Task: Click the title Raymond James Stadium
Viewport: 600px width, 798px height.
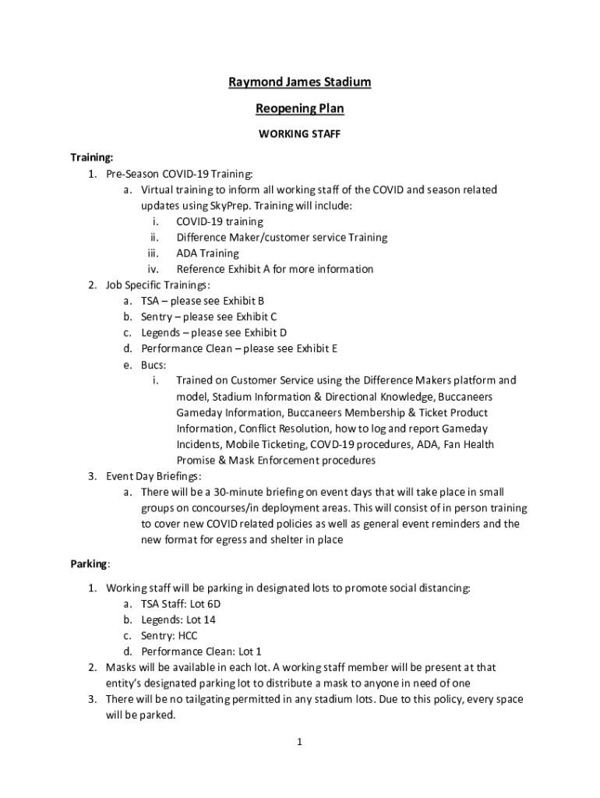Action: pos(300,82)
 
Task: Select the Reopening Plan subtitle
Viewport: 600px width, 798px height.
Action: pos(300,108)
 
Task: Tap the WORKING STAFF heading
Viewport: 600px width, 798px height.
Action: pos(300,134)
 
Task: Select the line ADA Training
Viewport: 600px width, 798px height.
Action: pos(207,253)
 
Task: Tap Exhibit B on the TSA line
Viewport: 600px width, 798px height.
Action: pos(244,301)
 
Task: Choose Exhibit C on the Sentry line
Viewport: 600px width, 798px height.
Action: pos(256,316)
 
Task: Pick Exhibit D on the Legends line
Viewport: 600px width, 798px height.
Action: pos(266,333)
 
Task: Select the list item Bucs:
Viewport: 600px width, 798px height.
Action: pos(154,365)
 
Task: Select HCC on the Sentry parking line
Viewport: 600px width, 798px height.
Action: pos(188,635)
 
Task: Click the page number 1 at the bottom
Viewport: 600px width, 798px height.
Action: pos(299,742)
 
